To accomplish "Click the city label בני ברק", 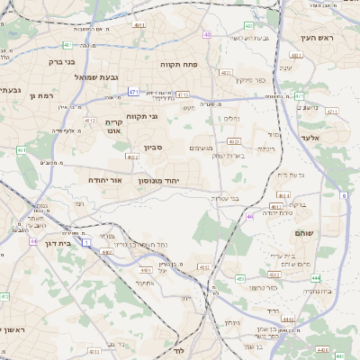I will (60, 63).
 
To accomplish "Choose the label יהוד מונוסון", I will (158, 181).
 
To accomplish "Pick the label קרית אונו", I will (113, 126).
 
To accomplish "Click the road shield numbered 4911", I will (139, 27).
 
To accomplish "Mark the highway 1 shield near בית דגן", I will (85, 242).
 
